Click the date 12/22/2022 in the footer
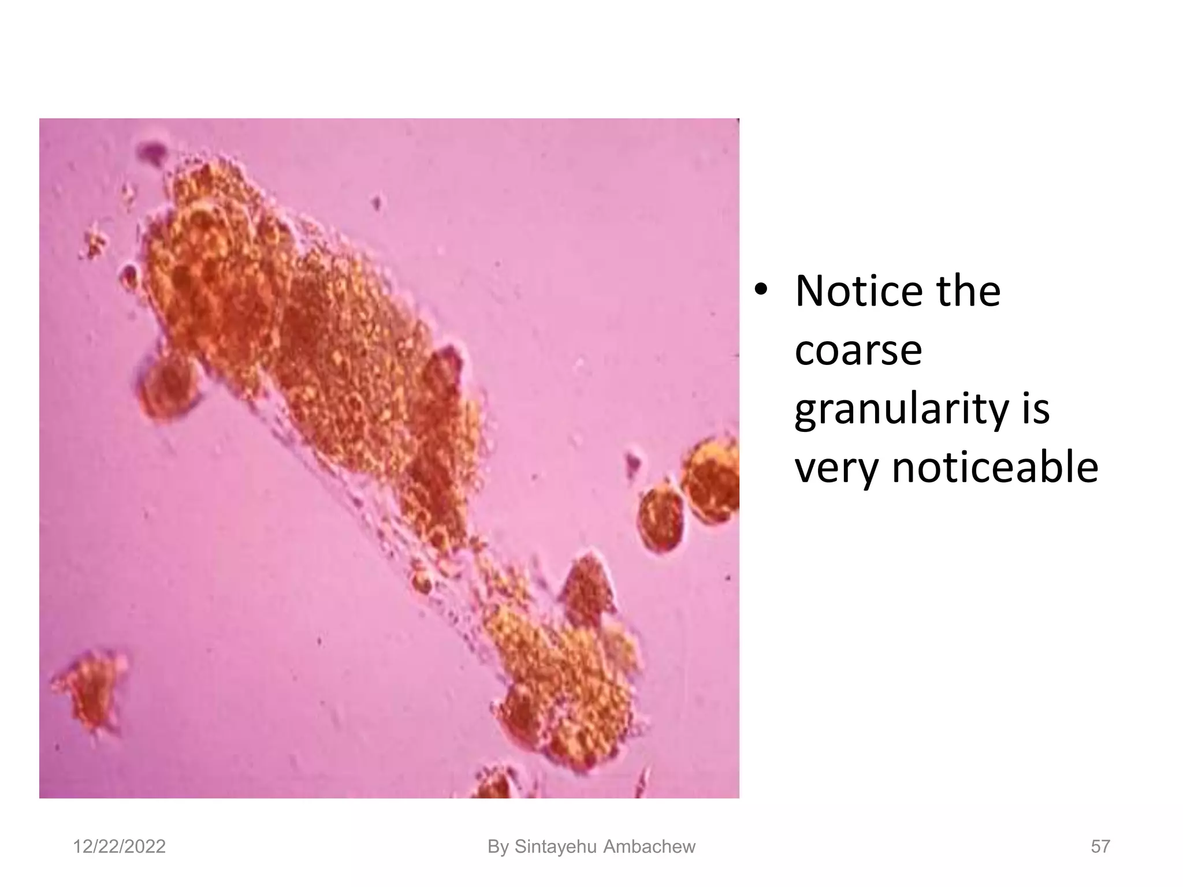pyautogui.click(x=119, y=847)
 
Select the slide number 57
pyautogui.click(x=1100, y=847)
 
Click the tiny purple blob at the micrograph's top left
pyautogui.click(x=152, y=151)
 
